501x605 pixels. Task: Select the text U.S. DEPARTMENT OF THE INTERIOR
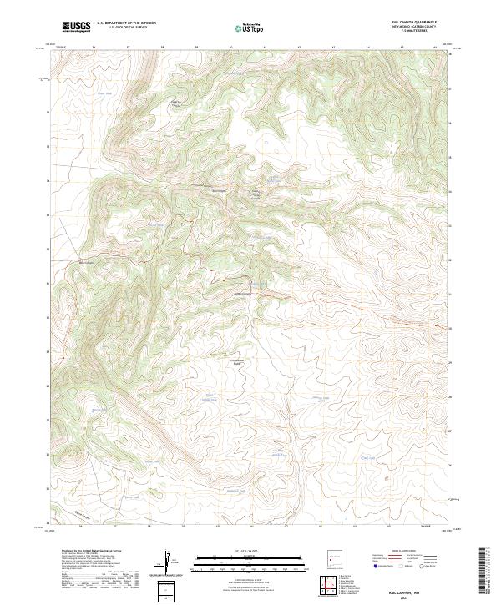(x=126, y=24)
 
